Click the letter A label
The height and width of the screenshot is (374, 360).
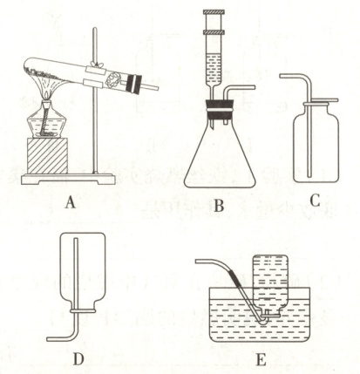click(x=71, y=202)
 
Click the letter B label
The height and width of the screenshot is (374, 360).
click(x=219, y=206)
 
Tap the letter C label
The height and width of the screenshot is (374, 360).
click(x=315, y=201)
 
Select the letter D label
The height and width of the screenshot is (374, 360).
click(x=78, y=358)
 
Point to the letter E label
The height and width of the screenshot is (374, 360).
click(x=261, y=359)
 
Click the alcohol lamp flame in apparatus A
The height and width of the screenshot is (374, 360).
click(x=48, y=95)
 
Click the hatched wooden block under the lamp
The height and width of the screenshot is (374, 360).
click(x=48, y=156)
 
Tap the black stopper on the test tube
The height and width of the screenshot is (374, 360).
click(x=134, y=85)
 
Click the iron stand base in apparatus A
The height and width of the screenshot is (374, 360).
click(x=68, y=179)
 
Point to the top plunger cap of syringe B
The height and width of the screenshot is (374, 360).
click(x=214, y=12)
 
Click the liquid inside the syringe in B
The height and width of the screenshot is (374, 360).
click(x=214, y=68)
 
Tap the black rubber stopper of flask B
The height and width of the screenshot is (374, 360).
click(x=220, y=109)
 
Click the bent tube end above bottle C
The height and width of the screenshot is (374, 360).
click(x=281, y=76)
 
